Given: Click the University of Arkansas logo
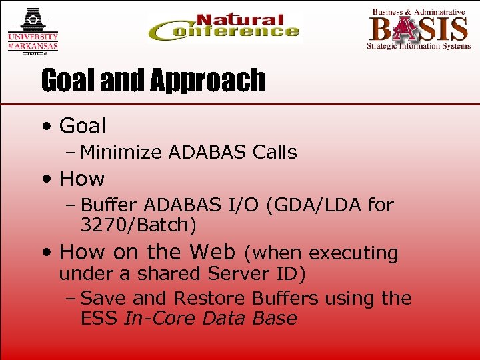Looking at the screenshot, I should click(x=33, y=30).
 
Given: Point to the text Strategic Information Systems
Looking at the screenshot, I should click(x=418, y=46).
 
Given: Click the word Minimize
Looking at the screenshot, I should click(x=121, y=153).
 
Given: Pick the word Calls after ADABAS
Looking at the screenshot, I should click(x=275, y=153).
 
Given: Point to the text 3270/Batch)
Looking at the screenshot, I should click(x=138, y=225).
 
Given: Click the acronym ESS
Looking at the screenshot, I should click(x=99, y=318).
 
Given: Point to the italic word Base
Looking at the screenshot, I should click(x=275, y=318).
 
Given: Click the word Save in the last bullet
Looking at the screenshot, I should click(x=101, y=298).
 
